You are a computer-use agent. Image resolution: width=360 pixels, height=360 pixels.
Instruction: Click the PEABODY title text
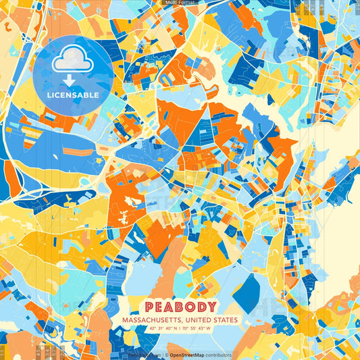tap(180, 307)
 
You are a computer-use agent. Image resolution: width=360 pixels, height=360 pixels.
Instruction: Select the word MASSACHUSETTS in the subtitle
tap(153, 320)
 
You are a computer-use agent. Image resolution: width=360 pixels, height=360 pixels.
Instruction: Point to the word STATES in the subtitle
tap(225, 320)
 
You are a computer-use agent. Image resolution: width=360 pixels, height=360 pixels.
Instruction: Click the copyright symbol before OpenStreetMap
tap(167, 355)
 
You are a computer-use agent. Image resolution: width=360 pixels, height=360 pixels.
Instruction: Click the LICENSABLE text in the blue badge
tap(72, 95)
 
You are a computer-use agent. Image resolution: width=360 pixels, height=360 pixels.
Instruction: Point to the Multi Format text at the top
tap(180, 3)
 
